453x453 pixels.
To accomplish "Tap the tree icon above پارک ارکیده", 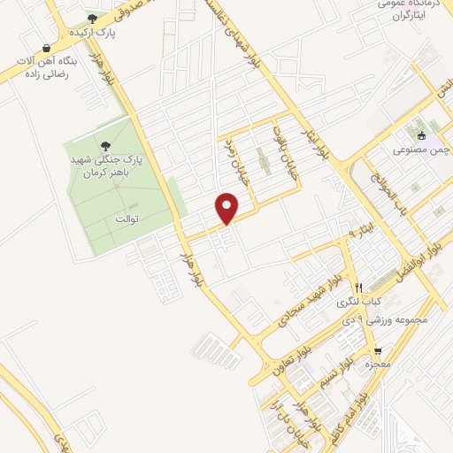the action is (92, 19).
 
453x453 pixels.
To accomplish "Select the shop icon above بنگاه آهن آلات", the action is (46, 49).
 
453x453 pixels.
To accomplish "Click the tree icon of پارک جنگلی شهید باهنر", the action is (106, 146).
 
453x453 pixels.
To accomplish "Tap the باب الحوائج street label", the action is (387, 181).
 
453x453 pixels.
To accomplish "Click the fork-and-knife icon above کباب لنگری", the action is (358, 288).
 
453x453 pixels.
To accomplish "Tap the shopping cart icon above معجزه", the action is (379, 350).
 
